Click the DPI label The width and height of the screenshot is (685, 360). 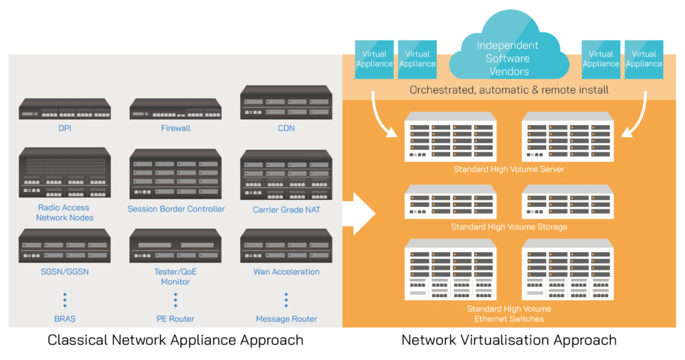click(65, 128)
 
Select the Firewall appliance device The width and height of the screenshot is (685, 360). click(175, 109)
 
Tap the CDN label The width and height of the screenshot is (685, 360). click(286, 128)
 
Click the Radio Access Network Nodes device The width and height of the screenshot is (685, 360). click(65, 173)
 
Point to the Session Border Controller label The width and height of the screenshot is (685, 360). click(176, 209)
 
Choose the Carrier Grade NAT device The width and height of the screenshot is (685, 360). click(286, 175)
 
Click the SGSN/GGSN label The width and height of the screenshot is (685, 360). click(65, 272)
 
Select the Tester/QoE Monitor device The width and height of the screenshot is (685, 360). click(175, 246)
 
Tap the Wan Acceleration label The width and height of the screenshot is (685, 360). click(286, 272)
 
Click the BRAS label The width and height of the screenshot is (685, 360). click(65, 319)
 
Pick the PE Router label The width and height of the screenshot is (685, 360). click(175, 319)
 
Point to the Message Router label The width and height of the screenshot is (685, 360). click(286, 319)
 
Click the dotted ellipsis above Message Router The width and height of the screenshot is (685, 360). click(286, 299)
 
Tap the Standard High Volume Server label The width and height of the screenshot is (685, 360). click(508, 169)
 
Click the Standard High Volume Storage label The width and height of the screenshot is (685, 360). click(508, 227)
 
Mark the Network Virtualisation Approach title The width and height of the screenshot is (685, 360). click(508, 340)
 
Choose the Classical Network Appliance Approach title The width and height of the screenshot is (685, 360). click(175, 340)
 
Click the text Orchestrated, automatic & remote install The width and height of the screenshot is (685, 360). click(508, 90)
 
